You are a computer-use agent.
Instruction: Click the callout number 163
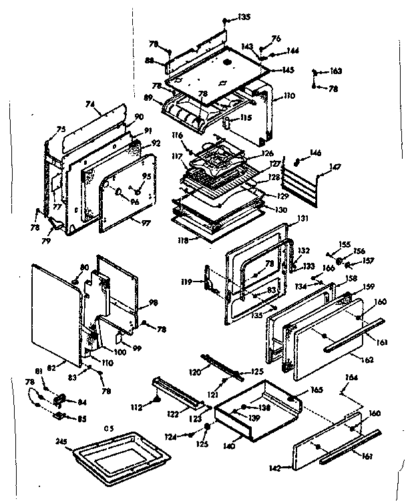[336, 70]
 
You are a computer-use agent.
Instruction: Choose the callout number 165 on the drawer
[317, 390]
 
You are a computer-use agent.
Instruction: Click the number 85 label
[82, 419]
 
